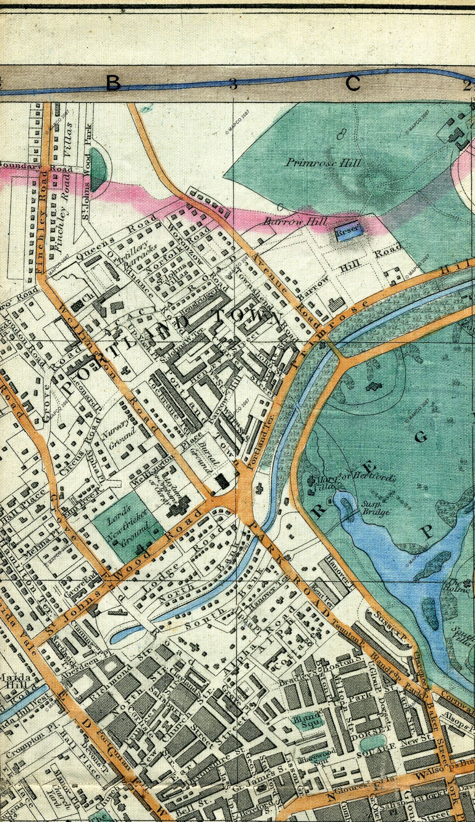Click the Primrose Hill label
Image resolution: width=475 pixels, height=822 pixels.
coord(323,163)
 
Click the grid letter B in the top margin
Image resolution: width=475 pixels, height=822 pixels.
coord(113,84)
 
